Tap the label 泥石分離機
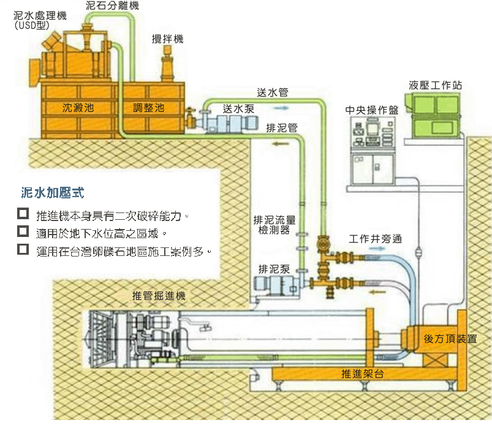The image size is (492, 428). point(112,6)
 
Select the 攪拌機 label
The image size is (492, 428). point(167,39)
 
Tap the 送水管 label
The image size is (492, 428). point(273,93)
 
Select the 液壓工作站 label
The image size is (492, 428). point(436,85)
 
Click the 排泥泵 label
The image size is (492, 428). point(274,269)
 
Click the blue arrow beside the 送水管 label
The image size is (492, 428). point(280,107)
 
